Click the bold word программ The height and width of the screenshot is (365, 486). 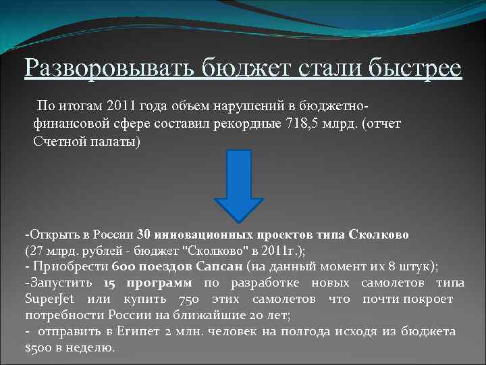160,283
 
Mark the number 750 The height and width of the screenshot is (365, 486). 177,299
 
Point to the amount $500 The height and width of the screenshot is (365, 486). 36,347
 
